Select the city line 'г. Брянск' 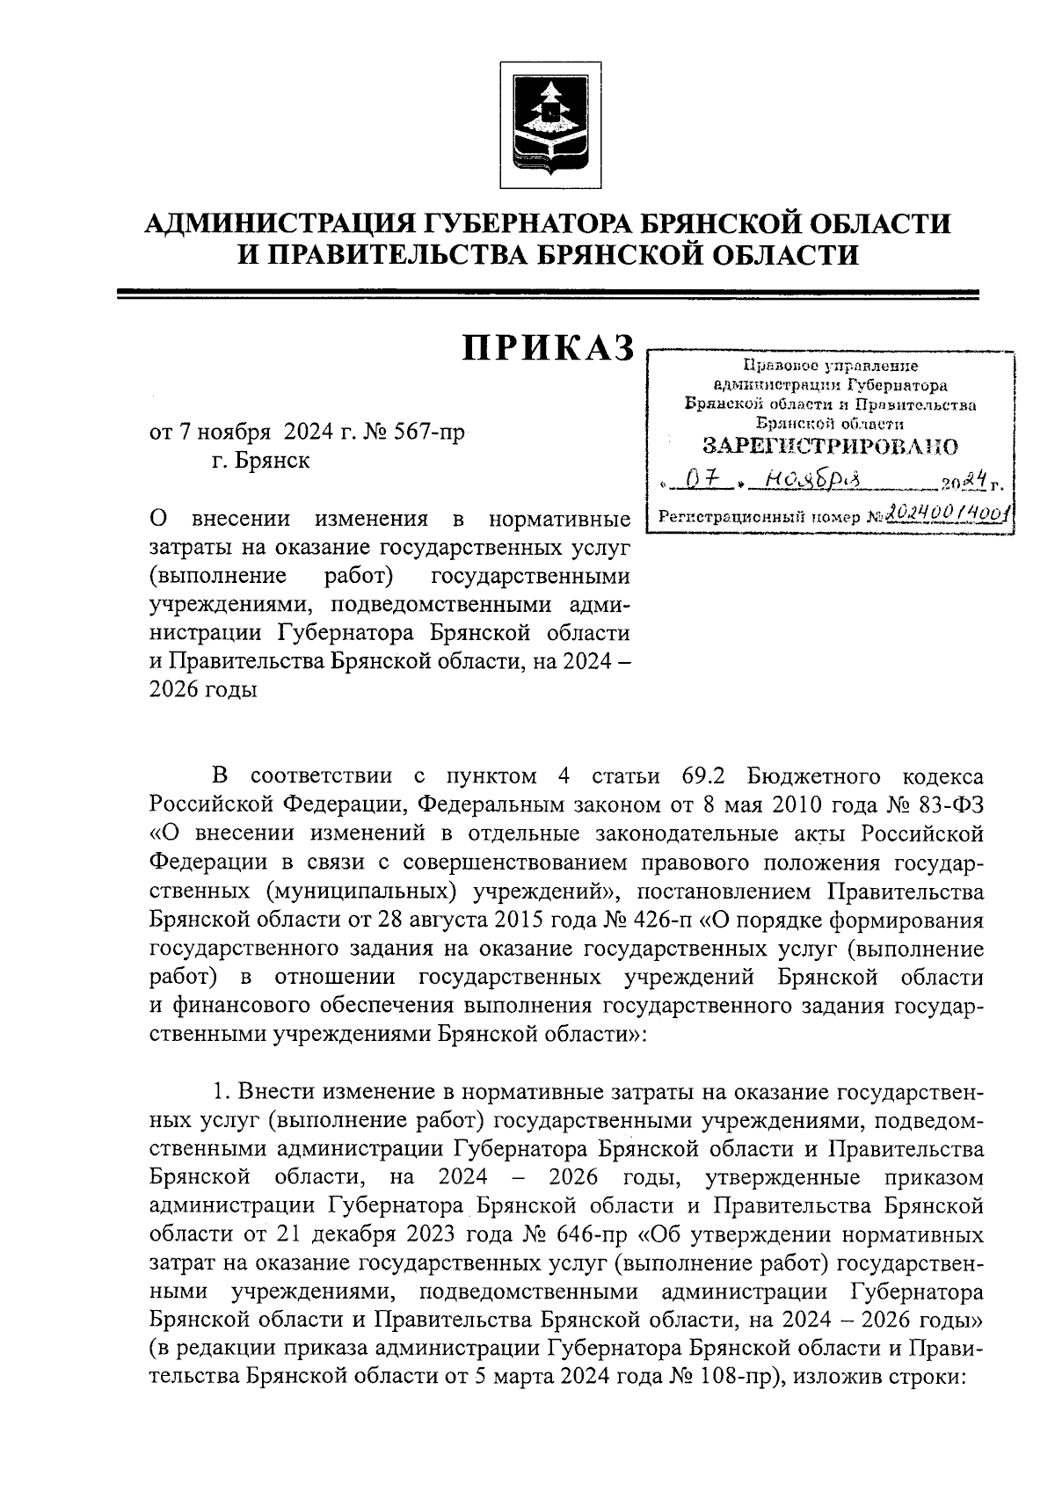tap(260, 460)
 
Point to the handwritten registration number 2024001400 tap(947, 513)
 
